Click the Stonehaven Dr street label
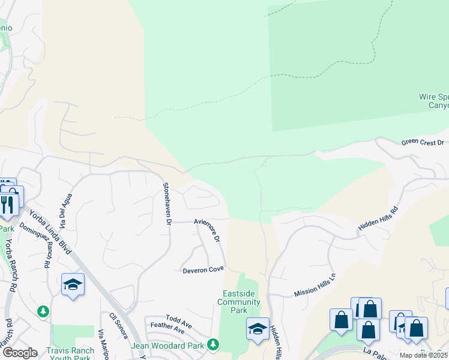click(167, 204)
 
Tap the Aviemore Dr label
click(208, 230)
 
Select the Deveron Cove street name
click(203, 270)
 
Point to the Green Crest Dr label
click(422, 143)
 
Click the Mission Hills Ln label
click(315, 286)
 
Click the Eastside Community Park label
click(238, 302)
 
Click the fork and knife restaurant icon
click(8, 205)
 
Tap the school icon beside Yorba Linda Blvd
click(73, 284)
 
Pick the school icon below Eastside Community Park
click(258, 329)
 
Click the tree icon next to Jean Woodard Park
click(212, 344)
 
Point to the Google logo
click(19, 353)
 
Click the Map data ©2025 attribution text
click(423, 355)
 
